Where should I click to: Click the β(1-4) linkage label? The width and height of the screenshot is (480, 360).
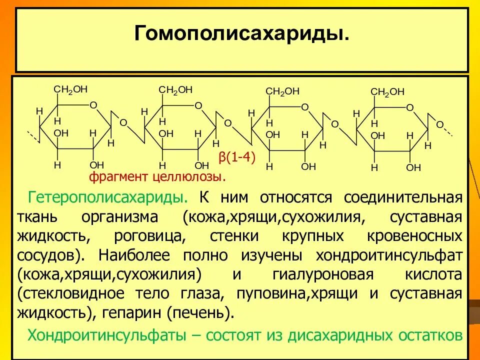(237, 158)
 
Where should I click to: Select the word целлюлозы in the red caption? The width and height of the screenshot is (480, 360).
(194, 176)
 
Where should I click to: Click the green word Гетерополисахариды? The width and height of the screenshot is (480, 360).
(108, 197)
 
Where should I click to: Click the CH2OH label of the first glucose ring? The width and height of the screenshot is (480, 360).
(70, 89)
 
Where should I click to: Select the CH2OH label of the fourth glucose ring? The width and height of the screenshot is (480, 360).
(387, 91)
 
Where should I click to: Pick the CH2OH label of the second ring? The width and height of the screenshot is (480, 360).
(175, 89)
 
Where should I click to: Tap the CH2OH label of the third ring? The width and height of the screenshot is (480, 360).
(282, 91)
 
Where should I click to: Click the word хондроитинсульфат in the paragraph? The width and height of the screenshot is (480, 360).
(388, 254)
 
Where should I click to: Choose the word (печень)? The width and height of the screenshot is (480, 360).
(200, 313)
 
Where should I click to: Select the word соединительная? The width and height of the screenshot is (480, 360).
(402, 197)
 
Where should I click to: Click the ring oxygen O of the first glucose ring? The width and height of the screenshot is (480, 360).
(93, 105)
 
